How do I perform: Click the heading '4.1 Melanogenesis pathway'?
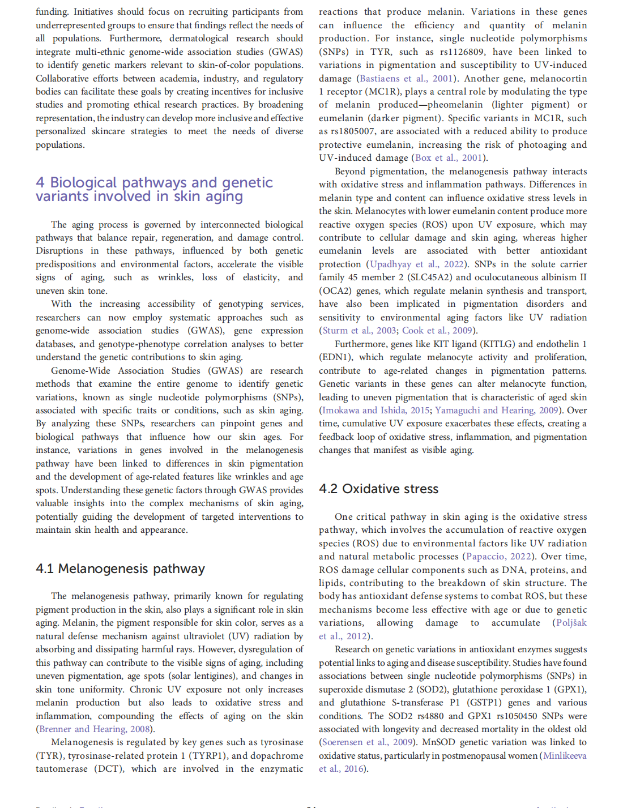click(120, 568)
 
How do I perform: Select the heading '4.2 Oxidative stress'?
click(378, 489)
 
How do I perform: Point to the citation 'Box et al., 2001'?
click(449, 158)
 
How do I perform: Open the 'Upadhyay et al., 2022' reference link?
click(416, 264)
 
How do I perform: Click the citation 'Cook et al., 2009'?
click(437, 331)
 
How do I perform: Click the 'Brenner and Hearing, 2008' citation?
click(94, 729)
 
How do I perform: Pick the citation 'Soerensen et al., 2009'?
click(367, 742)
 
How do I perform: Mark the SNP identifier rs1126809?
click(462, 52)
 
